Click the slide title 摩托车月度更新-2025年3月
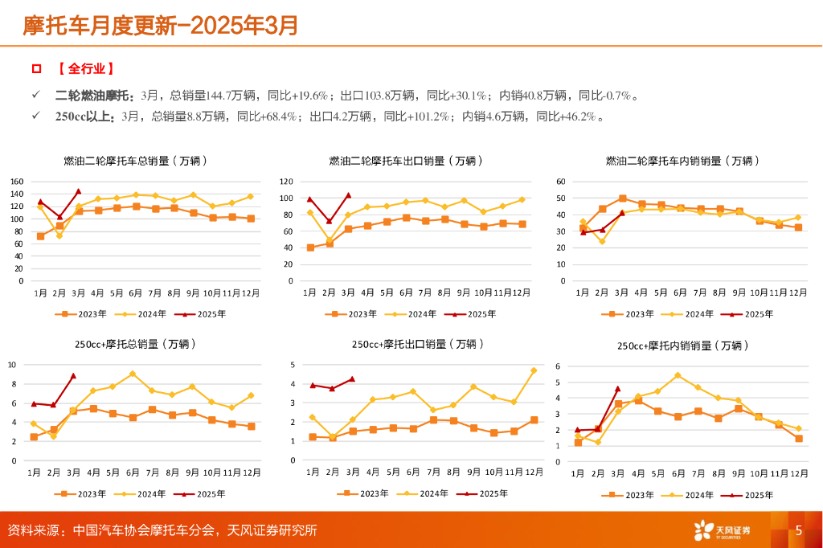tap(161, 26)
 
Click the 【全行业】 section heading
tap(85, 70)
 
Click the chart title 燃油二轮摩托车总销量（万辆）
tap(136, 161)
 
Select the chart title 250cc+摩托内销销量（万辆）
tap(683, 346)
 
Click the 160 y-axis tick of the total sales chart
tap(17, 182)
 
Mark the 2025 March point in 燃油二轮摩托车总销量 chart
tap(79, 191)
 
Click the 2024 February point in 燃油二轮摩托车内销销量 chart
tap(602, 241)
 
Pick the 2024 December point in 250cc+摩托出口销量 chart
tap(533, 370)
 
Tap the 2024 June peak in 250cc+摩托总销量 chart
tap(133, 374)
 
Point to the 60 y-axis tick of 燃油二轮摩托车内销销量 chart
tap(561, 182)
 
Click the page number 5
tap(799, 530)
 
